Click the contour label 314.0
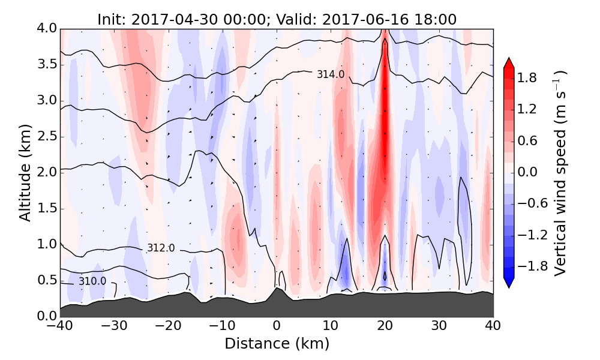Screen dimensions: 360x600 (x=331, y=74)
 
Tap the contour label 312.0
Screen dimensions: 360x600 (x=161, y=248)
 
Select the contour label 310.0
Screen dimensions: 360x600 (x=92, y=281)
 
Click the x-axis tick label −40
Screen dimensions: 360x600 (x=61, y=327)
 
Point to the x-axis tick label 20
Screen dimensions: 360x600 (x=385, y=327)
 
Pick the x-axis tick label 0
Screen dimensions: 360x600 (x=277, y=327)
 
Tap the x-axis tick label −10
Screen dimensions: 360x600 (x=223, y=327)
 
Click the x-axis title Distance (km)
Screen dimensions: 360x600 (x=277, y=344)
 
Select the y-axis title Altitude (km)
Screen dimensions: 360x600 (x=25, y=172)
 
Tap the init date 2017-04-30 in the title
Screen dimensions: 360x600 (x=170, y=19)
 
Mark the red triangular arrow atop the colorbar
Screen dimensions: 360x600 (x=508, y=63)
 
